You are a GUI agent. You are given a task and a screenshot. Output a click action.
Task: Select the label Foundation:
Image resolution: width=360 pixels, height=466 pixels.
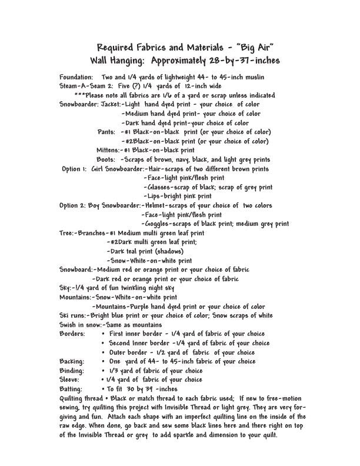click(76, 77)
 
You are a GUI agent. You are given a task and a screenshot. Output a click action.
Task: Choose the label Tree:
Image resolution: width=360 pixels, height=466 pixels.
click(66, 232)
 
